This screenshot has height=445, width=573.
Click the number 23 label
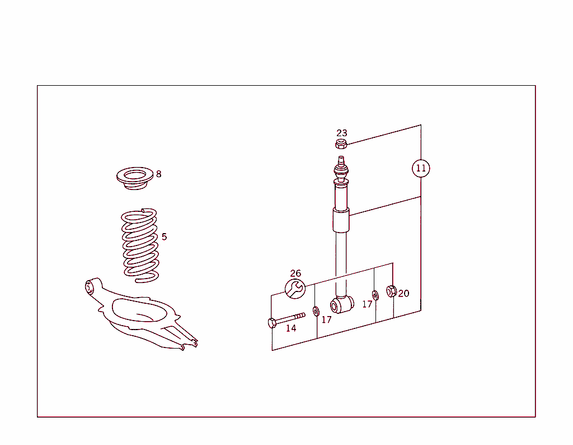(341, 133)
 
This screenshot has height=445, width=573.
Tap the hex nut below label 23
(341, 145)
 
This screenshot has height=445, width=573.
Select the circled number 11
(421, 168)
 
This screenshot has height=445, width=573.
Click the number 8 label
(158, 174)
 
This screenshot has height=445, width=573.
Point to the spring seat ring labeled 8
(134, 179)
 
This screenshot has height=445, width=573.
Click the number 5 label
(164, 237)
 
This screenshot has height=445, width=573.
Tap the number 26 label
(295, 274)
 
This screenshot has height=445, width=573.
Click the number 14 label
(291, 328)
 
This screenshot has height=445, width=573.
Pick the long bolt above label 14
(286, 319)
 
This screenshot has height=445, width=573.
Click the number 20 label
(403, 293)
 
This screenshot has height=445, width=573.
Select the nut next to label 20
(392, 291)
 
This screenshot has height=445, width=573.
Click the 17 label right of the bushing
(367, 304)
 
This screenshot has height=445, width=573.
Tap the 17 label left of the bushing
(326, 320)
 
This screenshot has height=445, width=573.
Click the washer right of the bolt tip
(316, 311)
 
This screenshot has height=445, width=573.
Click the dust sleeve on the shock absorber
(340, 220)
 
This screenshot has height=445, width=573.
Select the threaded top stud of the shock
(341, 163)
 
